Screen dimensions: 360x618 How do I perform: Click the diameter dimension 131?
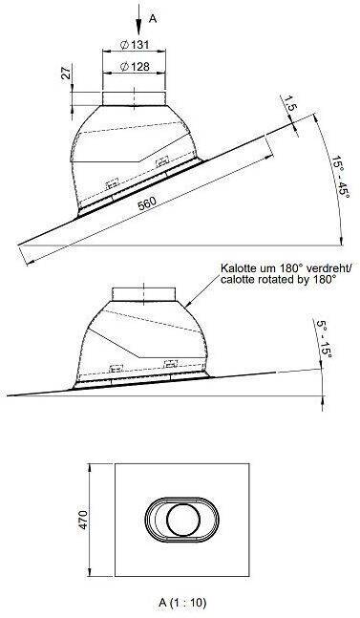(x=135, y=45)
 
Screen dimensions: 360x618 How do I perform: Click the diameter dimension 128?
(x=135, y=67)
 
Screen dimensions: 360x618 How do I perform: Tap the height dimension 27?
(x=67, y=73)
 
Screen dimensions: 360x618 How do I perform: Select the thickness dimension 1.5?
(x=289, y=102)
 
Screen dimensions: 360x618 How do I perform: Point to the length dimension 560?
(x=147, y=202)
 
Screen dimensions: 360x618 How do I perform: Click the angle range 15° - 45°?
(x=340, y=177)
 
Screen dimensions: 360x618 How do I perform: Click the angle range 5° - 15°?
(x=325, y=338)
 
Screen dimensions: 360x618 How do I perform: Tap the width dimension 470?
(x=83, y=520)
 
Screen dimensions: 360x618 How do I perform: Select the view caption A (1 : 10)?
(x=182, y=602)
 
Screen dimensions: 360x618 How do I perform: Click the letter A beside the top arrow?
(x=153, y=18)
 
